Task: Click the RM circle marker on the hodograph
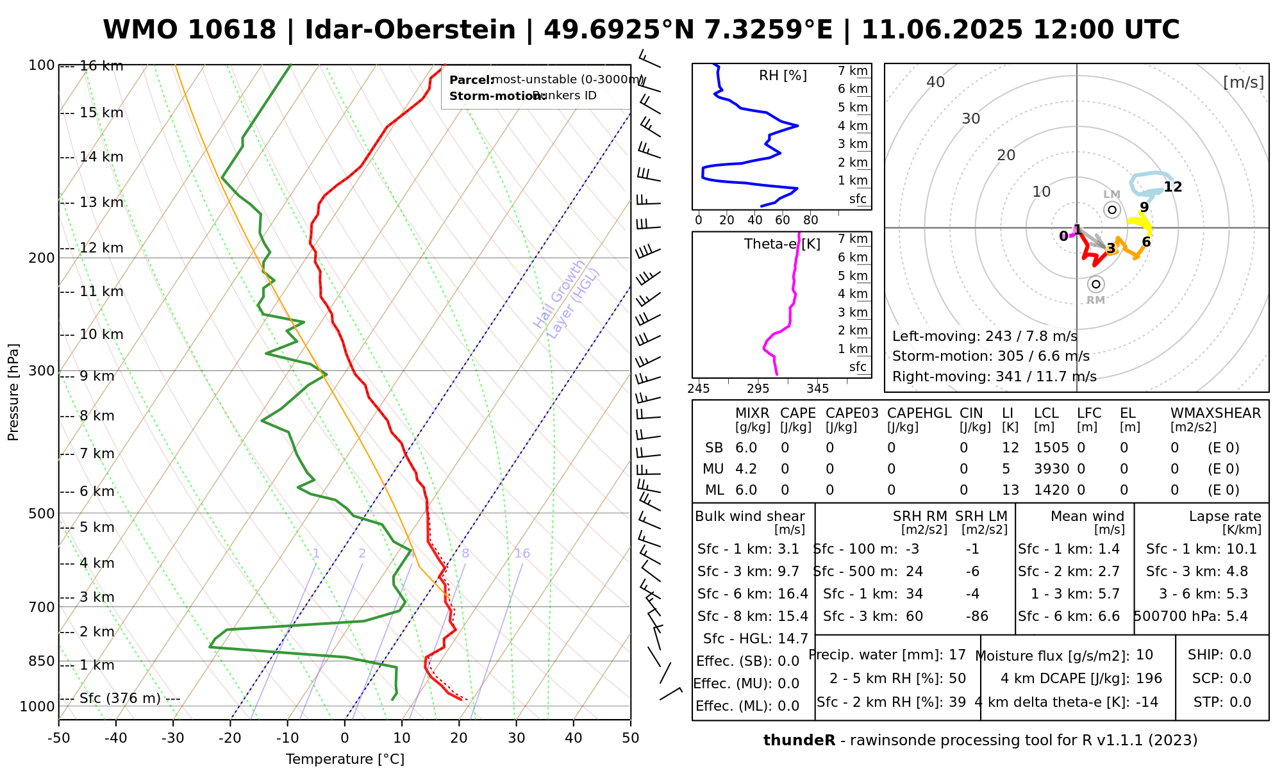[x=1096, y=284]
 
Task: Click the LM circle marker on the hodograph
[x=1111, y=210]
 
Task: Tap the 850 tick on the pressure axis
[x=42, y=661]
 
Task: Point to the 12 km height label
[x=101, y=248]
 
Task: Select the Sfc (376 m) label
[x=120, y=698]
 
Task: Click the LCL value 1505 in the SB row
[x=1051, y=448]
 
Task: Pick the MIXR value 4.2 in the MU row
[x=746, y=469]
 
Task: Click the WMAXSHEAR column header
[x=1215, y=413]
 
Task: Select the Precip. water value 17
[x=957, y=655]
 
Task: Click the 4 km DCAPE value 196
[x=1149, y=679]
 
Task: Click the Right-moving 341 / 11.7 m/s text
[x=994, y=377]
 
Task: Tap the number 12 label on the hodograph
[x=1172, y=187]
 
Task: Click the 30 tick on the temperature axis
[x=516, y=738]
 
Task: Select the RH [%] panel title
[x=783, y=76]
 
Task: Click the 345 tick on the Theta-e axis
[x=817, y=388]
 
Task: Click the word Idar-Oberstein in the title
[x=410, y=30]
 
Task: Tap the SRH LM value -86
[x=977, y=616]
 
